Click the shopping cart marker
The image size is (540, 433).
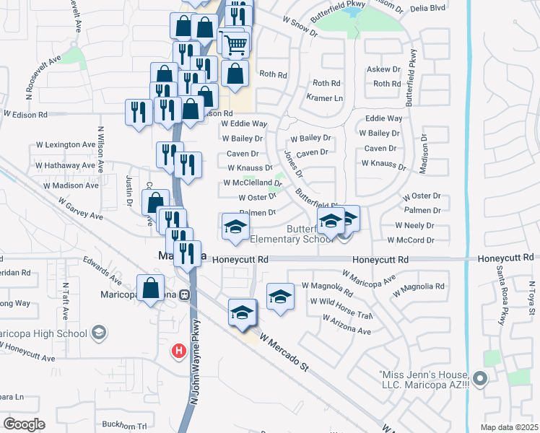[x=235, y=44]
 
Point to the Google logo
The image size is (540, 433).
[x=24, y=424]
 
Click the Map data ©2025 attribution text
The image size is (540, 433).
[x=510, y=427]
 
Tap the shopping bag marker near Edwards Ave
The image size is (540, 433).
[x=150, y=288]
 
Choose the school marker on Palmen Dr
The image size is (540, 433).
[x=235, y=227]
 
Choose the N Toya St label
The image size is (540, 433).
[x=528, y=299]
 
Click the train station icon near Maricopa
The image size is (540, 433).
[x=186, y=294]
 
